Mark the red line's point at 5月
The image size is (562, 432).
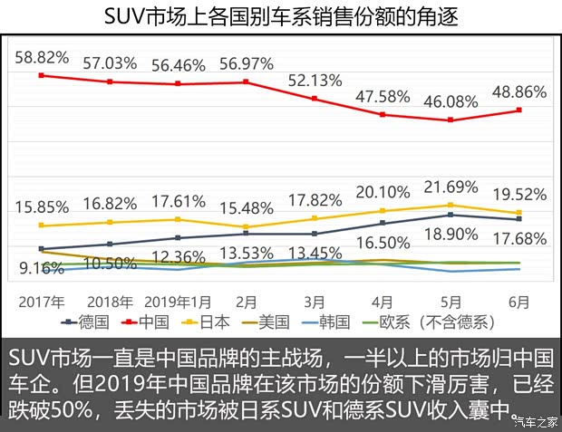451,120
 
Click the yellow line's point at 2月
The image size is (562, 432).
247,227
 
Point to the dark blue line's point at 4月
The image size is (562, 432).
383,223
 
